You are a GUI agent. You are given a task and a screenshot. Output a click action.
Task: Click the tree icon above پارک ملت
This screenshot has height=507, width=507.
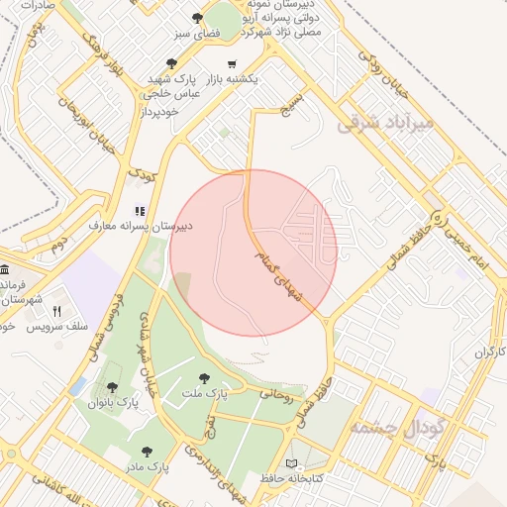point(204,377)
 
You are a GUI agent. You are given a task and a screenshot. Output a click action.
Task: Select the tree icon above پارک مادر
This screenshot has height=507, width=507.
point(147,452)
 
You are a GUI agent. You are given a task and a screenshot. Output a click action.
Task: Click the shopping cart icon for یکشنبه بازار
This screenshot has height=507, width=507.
point(232,62)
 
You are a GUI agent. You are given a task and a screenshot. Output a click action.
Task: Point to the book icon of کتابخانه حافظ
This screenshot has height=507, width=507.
point(290,462)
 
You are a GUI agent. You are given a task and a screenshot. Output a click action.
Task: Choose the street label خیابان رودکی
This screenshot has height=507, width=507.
point(374,78)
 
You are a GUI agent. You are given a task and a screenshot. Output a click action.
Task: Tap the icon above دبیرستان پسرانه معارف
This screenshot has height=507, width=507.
point(140,211)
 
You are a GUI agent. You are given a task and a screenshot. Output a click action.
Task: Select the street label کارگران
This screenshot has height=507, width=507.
point(488,352)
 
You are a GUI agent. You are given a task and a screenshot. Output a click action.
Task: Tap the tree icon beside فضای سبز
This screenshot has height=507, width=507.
point(198,18)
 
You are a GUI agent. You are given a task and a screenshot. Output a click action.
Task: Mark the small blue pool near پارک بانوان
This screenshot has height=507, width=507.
point(77,386)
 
